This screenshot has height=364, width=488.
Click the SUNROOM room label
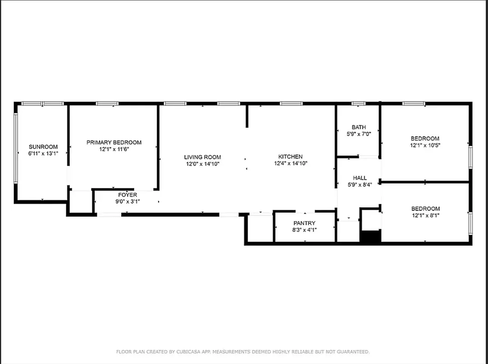point(43,147)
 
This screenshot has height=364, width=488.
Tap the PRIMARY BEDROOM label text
point(114,142)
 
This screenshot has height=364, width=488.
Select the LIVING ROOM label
point(202,157)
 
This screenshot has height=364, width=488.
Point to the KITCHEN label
point(291,157)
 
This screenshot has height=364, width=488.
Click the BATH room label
point(359,127)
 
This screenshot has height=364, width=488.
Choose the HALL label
point(359,178)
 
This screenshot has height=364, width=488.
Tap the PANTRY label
point(304,223)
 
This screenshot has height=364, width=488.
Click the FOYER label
point(127,195)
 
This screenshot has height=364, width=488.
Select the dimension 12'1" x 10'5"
point(425,145)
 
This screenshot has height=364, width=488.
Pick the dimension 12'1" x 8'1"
point(425,215)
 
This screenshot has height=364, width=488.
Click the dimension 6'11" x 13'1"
point(43,153)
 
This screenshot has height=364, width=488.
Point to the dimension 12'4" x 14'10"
point(291,163)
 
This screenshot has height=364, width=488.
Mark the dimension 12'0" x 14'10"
point(202,164)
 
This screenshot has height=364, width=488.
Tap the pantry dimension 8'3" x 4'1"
point(304,230)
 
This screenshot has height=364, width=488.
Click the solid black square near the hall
point(370,237)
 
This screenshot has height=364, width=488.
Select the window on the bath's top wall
point(359,104)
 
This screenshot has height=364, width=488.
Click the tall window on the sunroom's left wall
point(15,148)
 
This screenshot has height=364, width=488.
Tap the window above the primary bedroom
point(107,104)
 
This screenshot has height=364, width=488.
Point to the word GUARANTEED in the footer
point(354,352)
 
